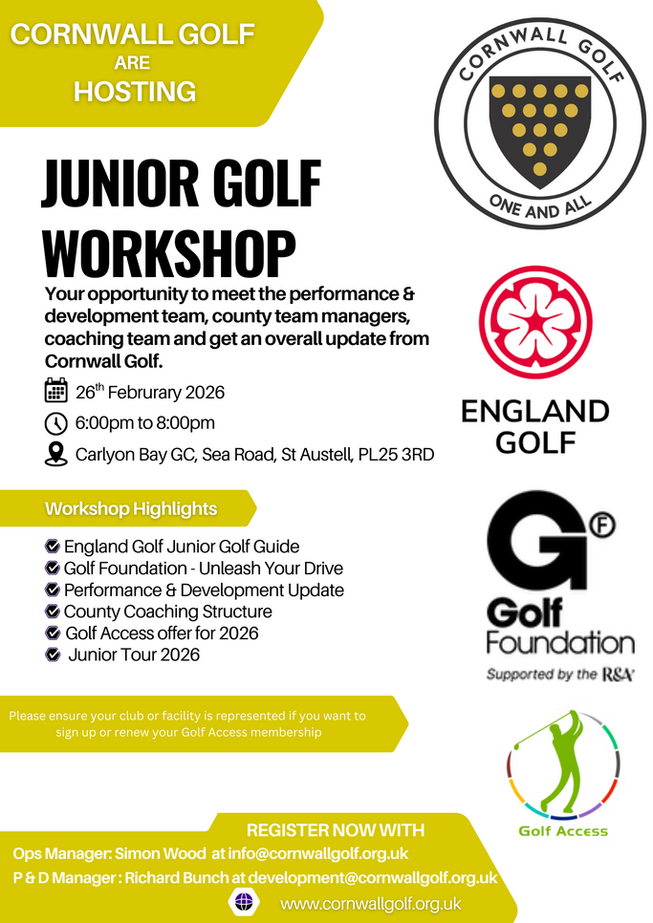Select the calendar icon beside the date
click(55, 391)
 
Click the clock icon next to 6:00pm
click(55, 422)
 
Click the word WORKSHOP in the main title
click(169, 253)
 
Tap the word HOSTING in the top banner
click(135, 91)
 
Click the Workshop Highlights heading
click(131, 508)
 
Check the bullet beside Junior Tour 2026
click(53, 655)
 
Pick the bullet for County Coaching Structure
click(53, 612)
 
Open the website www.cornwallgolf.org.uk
click(371, 903)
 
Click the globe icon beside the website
click(244, 902)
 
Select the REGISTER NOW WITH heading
click(335, 829)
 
